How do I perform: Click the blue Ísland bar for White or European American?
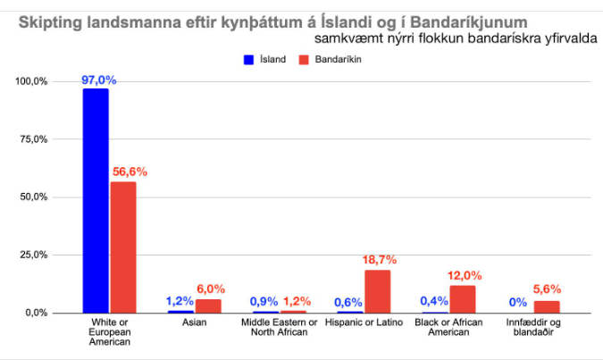tap(96, 200)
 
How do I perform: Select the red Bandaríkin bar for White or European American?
tap(122, 247)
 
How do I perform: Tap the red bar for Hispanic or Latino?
tap(378, 290)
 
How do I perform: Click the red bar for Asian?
tap(208, 306)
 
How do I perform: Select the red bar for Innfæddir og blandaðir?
tap(547, 306)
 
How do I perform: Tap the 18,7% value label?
tap(379, 259)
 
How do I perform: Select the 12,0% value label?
tap(465, 275)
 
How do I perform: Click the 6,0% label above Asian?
tap(211, 289)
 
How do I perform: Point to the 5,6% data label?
tap(549, 289)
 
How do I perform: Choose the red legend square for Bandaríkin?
tap(303, 59)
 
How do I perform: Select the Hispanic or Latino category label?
tap(364, 322)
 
